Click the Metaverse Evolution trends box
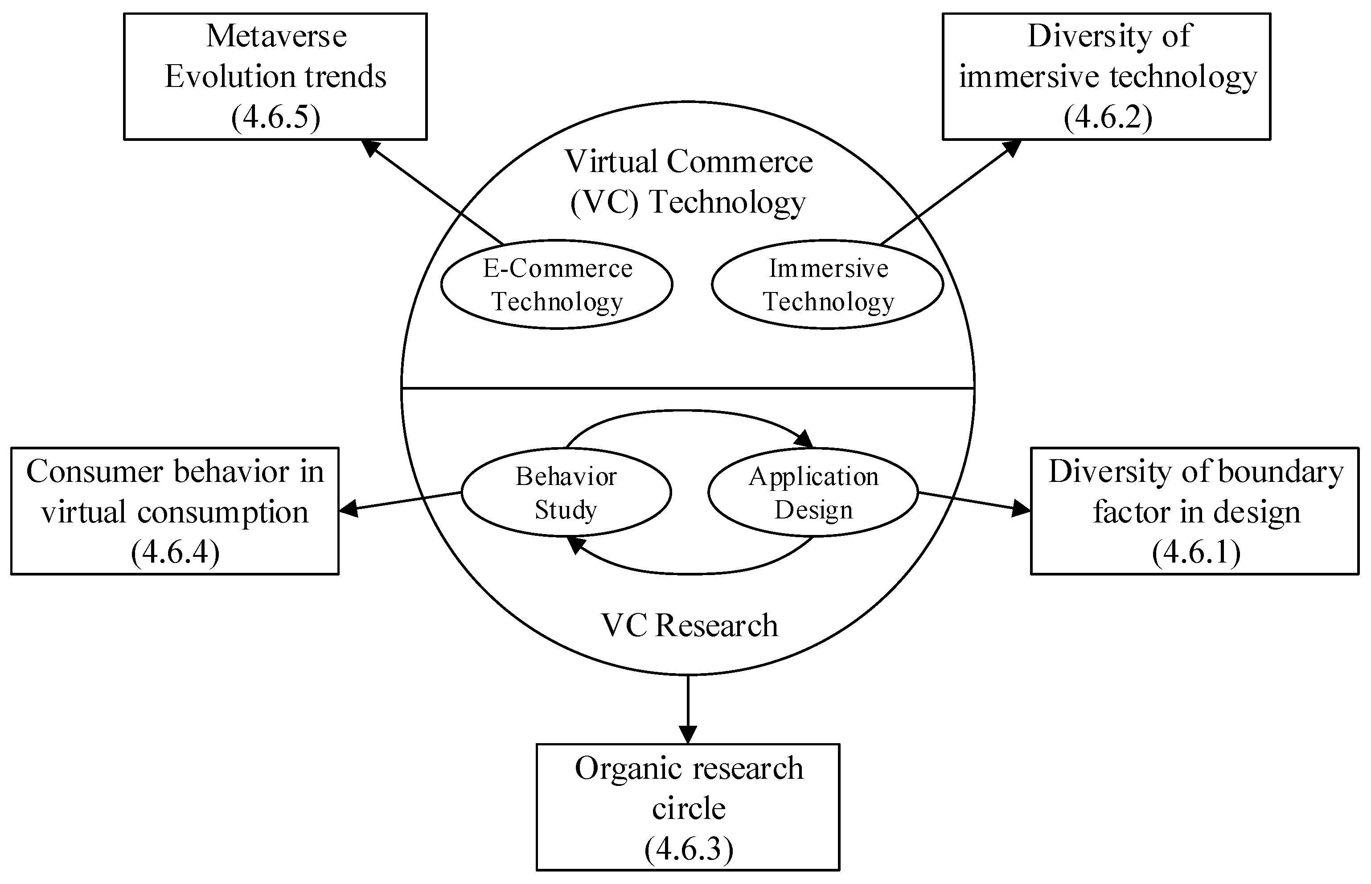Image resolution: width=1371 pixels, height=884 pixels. point(275,76)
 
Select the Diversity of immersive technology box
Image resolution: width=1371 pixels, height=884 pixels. point(1106,76)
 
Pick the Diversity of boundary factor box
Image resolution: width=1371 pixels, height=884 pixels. point(1195,511)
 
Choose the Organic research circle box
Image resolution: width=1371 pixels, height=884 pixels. point(688,807)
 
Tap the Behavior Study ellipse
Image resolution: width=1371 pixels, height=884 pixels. point(566,493)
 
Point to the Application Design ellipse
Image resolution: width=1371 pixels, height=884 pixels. point(813,493)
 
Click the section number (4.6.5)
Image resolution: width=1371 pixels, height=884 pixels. point(275,117)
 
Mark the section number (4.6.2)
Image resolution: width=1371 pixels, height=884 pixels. point(1107,117)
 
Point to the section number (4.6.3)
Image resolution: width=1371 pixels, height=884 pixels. point(688,848)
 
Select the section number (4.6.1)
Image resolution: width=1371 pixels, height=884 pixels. point(1196,552)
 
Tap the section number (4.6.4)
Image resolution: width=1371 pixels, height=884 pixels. point(175,552)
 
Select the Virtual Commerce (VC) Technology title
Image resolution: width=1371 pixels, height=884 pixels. point(688,181)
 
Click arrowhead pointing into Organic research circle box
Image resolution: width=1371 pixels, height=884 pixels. point(688,735)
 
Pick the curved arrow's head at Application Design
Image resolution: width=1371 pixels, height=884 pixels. point(805,439)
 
